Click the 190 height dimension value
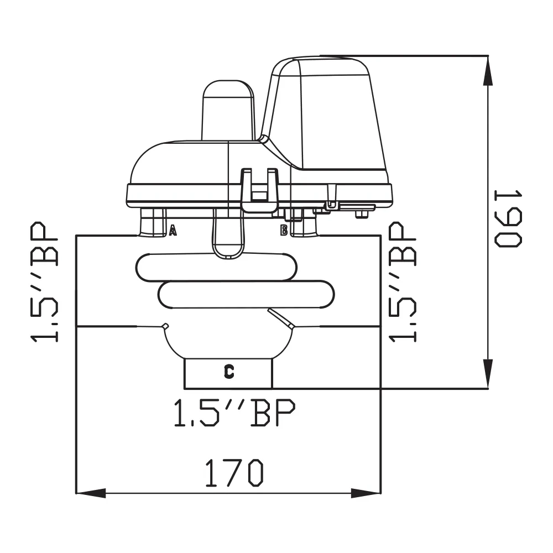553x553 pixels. pos(508,218)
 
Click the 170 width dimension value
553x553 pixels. pos(234,473)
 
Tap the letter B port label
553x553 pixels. pos(284,230)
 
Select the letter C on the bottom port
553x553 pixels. pos(229,372)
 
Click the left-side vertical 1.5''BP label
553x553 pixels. pos(44,282)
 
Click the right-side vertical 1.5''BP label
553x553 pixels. pos(403,282)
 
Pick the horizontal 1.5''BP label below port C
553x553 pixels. pos(234,413)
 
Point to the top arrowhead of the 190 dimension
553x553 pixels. pos(488,70)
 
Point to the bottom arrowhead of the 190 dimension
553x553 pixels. pos(488,374)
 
